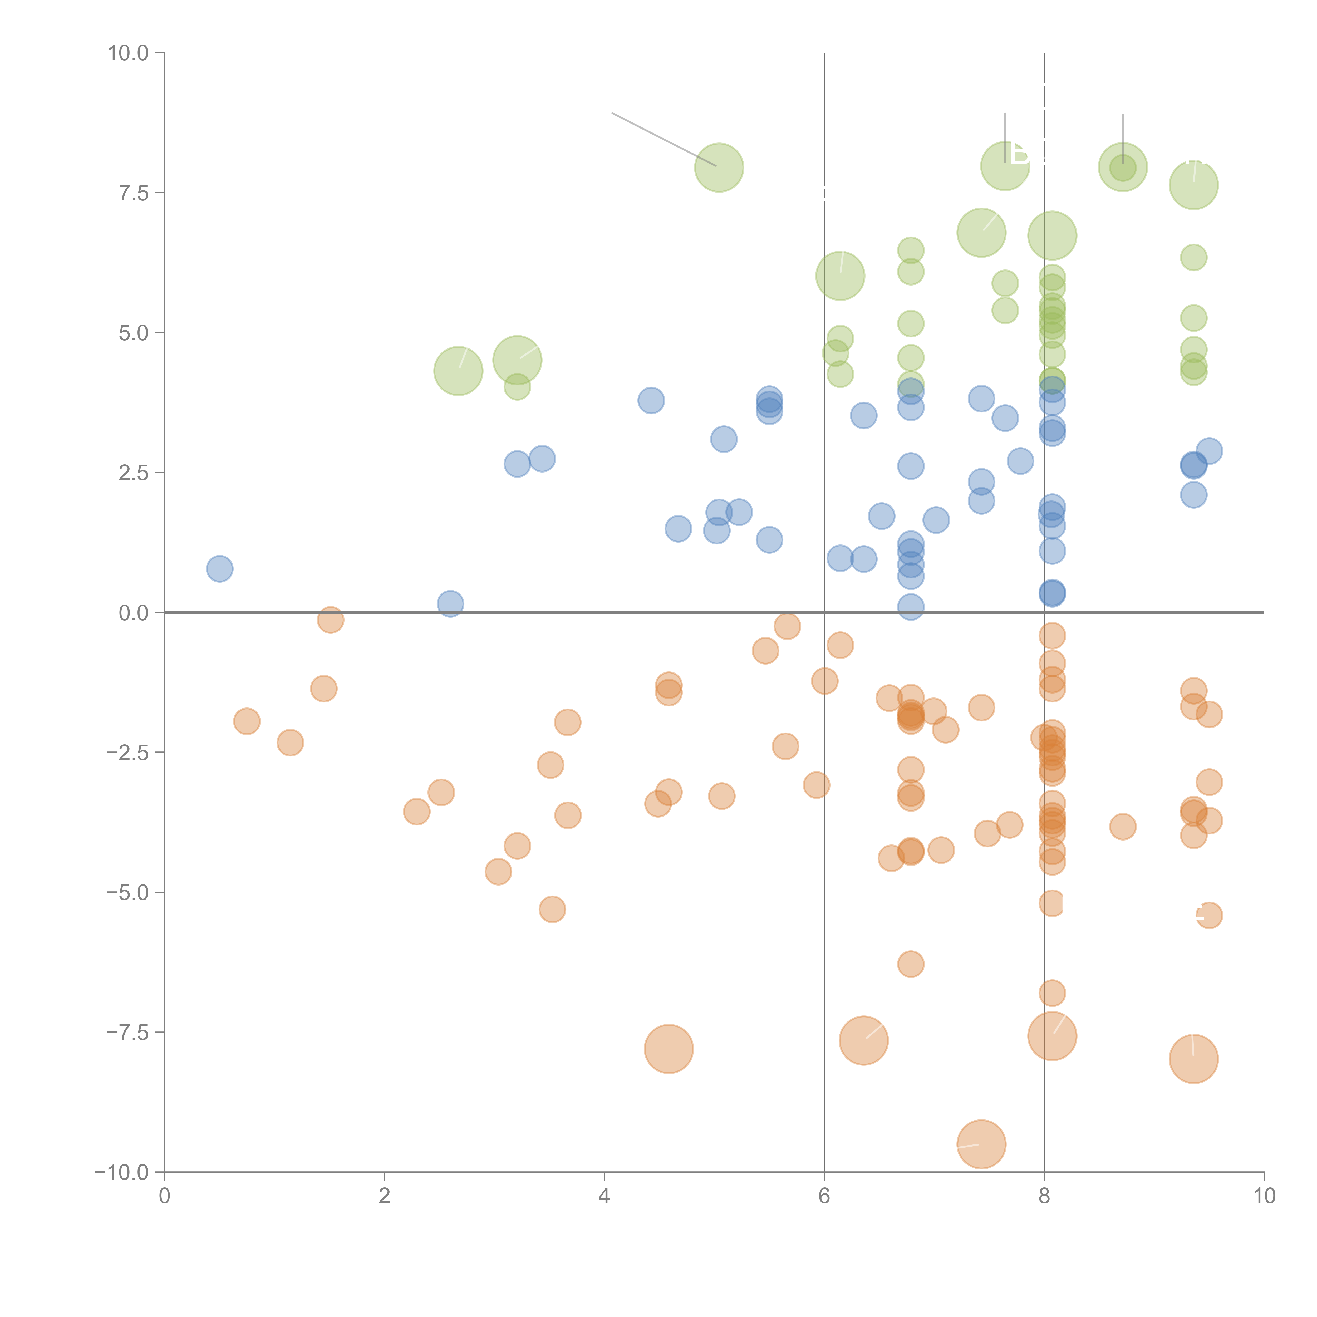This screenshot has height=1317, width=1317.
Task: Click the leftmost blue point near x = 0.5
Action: (219, 568)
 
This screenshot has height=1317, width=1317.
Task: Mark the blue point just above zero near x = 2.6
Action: (450, 603)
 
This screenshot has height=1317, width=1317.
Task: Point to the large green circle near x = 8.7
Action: (1123, 167)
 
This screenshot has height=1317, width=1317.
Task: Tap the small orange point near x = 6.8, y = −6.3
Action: (911, 964)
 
